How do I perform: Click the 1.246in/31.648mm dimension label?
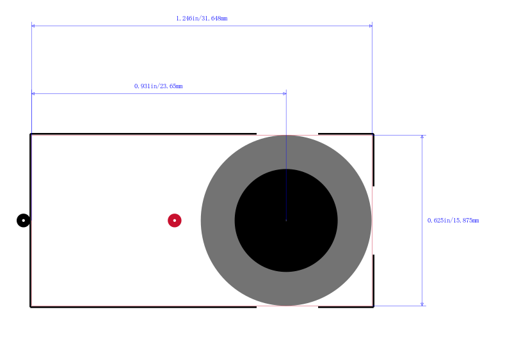pos(202,19)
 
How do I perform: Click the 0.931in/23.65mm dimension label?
pos(158,86)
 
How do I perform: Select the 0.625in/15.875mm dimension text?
pos(453,221)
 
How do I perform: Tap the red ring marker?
pos(175,221)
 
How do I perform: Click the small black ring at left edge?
pos(24,221)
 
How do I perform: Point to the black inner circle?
pos(286,221)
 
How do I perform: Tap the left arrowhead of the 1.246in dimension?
pos(33,26)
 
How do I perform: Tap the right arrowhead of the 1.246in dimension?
pos(371,26)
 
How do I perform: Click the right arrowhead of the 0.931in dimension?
pos(285,93)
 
